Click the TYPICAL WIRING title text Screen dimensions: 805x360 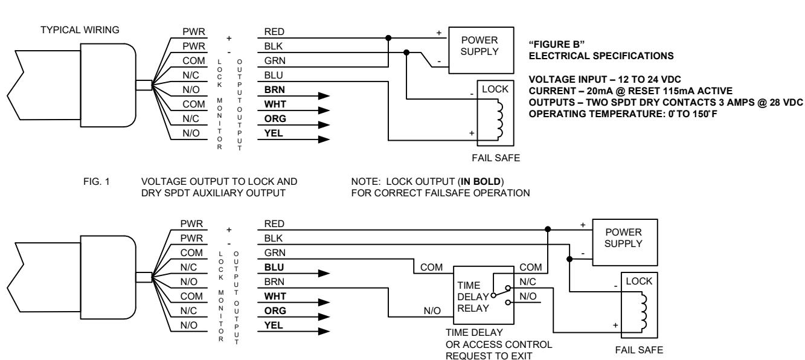(80, 30)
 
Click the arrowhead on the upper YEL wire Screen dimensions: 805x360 (324, 140)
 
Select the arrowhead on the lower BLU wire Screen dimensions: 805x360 (324, 274)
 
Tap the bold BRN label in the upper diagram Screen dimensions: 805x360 (275, 89)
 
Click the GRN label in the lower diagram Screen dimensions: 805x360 (275, 252)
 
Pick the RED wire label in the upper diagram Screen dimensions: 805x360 (274, 31)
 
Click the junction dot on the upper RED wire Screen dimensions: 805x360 (388, 37)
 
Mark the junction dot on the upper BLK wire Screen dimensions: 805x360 (406, 53)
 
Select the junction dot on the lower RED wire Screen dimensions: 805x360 (547, 229)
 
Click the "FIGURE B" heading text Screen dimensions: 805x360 (557, 44)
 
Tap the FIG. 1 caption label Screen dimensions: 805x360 (96, 181)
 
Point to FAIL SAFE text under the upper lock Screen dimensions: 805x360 (496, 158)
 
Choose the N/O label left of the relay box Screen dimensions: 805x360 (432, 311)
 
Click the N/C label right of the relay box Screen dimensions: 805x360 (528, 281)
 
